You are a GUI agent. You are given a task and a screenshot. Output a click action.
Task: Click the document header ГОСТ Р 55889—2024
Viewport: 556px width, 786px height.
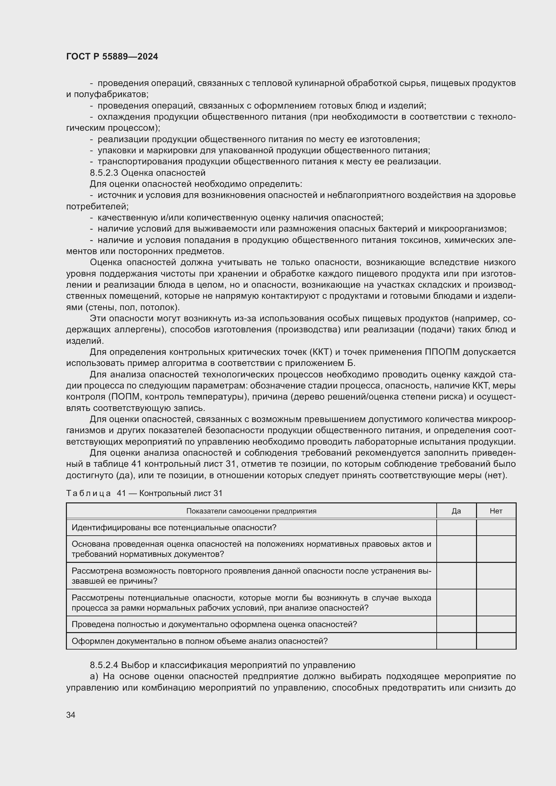pos(112,56)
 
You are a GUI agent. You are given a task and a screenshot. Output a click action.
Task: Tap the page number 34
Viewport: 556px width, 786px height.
pos(71,715)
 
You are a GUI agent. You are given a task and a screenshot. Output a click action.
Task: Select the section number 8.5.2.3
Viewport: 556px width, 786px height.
pos(104,172)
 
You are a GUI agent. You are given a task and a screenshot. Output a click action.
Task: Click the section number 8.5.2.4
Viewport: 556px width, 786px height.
pos(104,665)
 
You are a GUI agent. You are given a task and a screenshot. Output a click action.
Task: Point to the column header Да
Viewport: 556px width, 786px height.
pos(456,511)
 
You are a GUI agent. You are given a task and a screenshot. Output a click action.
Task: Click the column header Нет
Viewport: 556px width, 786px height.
pos(496,511)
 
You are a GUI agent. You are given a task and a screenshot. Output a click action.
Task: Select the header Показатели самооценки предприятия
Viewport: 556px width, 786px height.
pos(251,511)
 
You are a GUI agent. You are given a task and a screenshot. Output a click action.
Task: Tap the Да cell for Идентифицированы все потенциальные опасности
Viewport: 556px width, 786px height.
pos(456,528)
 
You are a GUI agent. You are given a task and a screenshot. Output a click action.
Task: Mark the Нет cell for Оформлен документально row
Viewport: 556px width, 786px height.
pos(496,641)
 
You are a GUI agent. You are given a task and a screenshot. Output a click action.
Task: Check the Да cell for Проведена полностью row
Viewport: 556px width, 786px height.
pos(456,624)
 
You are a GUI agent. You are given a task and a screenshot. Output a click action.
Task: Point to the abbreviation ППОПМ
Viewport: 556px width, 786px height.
pos(442,352)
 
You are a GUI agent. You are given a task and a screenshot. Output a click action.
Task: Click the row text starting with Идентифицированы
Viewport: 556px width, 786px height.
pos(173,528)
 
